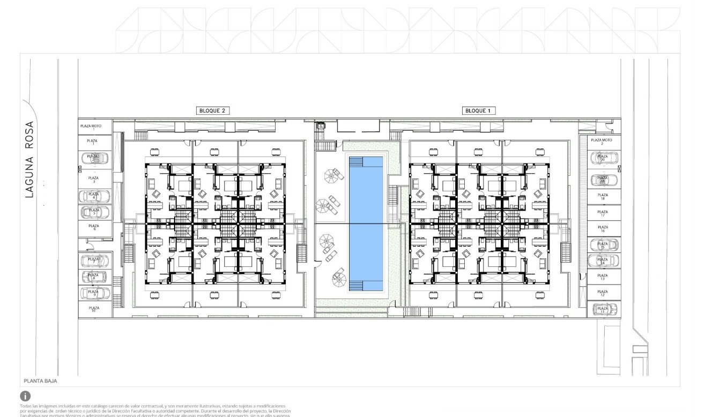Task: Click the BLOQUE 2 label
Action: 213,110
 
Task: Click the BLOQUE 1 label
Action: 479,110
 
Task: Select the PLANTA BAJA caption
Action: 40,381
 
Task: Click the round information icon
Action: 25,396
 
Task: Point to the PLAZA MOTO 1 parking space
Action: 94,127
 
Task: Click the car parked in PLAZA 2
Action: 94,158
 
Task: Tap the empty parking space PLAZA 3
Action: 94,179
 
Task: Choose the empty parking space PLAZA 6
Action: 94,228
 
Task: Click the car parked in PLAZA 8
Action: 94,277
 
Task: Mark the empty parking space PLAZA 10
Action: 94,309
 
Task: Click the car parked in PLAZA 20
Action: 603,158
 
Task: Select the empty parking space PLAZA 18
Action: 603,197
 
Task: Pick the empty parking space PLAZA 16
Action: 603,229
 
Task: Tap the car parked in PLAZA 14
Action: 603,261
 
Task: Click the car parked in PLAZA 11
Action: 603,309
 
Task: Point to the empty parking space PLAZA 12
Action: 603,293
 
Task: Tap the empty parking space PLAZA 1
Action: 94,142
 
